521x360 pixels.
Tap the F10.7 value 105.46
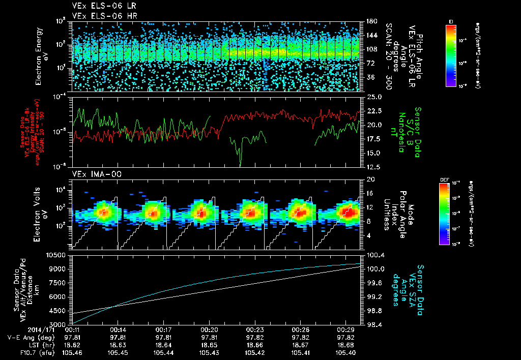(72, 352)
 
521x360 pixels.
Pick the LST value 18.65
(210, 344)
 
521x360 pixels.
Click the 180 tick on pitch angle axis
(370, 21)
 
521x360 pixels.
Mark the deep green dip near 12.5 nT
(240, 162)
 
